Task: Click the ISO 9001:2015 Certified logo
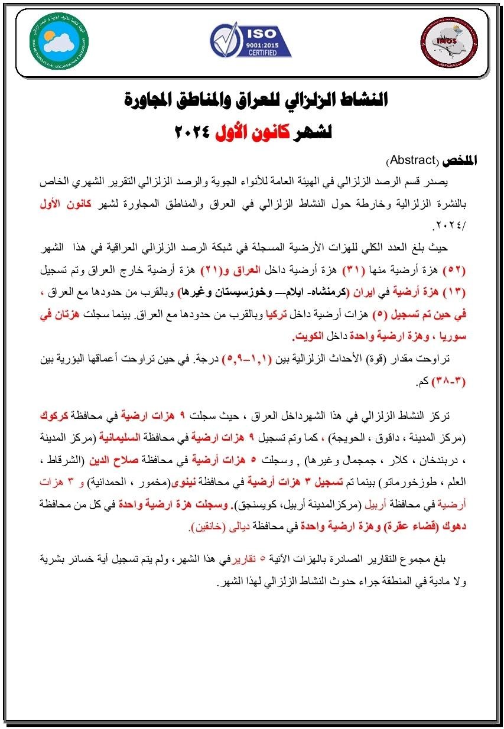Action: [x=251, y=40]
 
